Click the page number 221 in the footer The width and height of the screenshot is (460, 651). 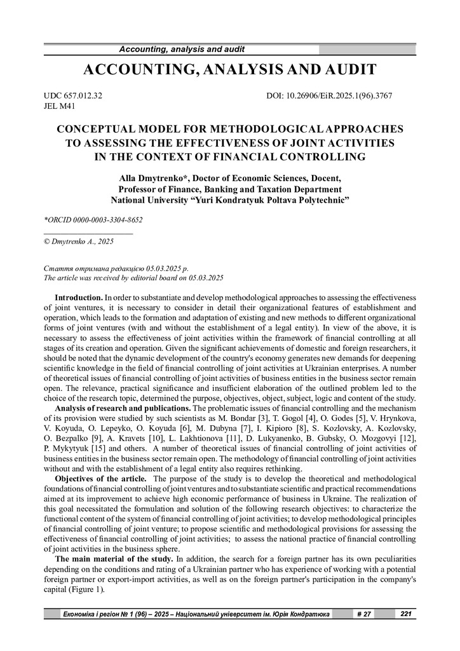click(405, 613)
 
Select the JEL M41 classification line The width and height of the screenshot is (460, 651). click(59, 106)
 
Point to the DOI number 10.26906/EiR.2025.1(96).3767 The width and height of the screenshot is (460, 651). click(329, 96)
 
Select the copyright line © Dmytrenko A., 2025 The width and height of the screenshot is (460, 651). click(78, 242)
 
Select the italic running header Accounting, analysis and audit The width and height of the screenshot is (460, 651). click(182, 50)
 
